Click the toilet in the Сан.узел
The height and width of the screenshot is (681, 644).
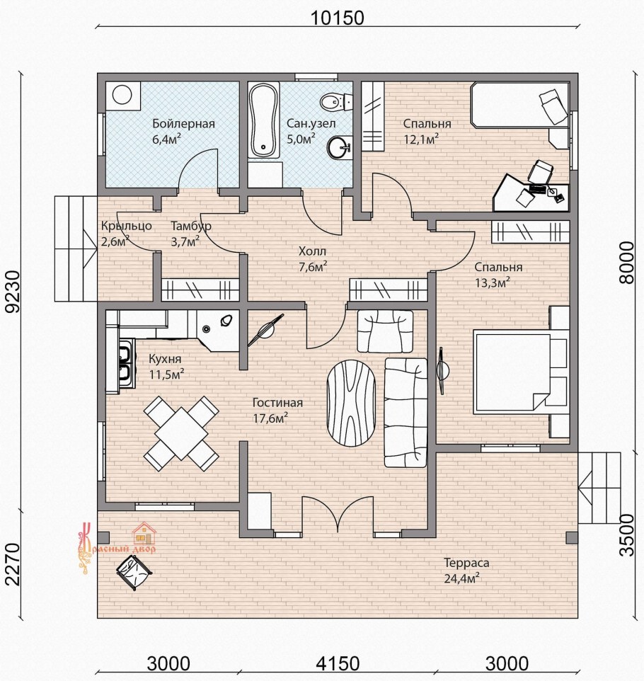click(x=336, y=102)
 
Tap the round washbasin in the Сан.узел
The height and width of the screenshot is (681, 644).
click(x=339, y=148)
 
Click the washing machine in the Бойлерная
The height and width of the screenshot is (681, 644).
click(x=122, y=95)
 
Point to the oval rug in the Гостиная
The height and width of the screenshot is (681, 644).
click(x=351, y=404)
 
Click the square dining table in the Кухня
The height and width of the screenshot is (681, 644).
click(x=181, y=433)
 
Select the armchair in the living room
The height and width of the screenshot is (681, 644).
click(x=385, y=331)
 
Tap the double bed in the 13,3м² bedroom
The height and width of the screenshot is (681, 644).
click(x=521, y=372)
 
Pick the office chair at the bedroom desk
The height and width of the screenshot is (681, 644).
click(x=540, y=171)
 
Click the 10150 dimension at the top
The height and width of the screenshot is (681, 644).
click(x=337, y=18)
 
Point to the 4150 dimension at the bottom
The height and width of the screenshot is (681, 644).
click(x=338, y=663)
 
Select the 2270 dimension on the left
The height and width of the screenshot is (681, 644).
click(x=12, y=564)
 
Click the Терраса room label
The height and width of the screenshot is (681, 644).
click(x=466, y=563)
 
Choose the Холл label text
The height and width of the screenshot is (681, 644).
click(x=312, y=251)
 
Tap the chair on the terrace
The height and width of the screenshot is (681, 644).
click(x=134, y=572)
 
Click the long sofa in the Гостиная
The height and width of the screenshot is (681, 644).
click(x=406, y=412)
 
